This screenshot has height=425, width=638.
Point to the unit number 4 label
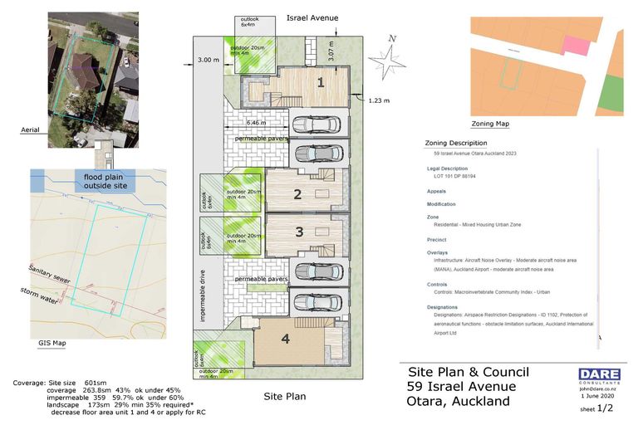[284, 338]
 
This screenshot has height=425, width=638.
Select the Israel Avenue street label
[312, 17]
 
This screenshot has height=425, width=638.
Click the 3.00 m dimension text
[208, 60]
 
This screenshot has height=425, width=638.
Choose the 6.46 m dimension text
[257, 123]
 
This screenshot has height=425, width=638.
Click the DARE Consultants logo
[599, 375]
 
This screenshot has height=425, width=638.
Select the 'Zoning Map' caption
[490, 124]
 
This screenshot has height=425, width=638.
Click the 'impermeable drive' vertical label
[202, 295]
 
